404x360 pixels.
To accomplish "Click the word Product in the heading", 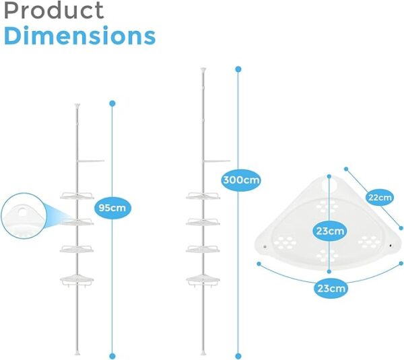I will tap(55, 11).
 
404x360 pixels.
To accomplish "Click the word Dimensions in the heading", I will tap(79, 36).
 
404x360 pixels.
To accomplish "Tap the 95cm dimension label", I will tap(112, 208).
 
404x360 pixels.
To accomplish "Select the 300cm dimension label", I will tap(241, 180).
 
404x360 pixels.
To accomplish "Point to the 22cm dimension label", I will tap(379, 197).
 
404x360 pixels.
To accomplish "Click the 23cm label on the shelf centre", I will tap(329, 231).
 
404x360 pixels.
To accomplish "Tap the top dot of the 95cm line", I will tap(112, 103).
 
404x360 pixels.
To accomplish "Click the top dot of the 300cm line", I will tap(238, 67).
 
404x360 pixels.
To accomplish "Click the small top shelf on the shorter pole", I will tap(91, 161).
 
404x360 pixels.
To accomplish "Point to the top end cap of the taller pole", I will tap(203, 69).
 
